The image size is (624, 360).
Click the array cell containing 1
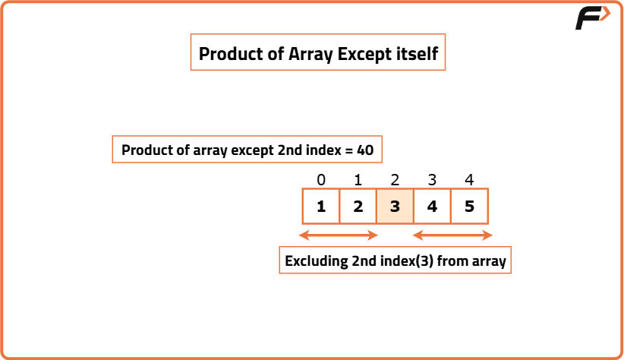[321, 207]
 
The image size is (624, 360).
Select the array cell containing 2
[358, 207]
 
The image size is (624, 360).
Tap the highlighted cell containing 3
[395, 207]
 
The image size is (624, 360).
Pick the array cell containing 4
[432, 207]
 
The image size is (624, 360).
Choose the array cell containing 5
[470, 207]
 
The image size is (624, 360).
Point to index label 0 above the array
[321, 180]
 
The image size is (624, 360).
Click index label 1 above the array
[358, 180]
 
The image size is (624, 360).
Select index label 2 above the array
[395, 180]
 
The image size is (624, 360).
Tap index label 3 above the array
[432, 180]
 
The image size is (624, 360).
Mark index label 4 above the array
[470, 180]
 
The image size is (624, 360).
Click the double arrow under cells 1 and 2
[339, 235]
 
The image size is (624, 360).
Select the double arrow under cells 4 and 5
[453, 235]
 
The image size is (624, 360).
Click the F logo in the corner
[593, 18]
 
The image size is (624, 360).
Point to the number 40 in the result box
[365, 150]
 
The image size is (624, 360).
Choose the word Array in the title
[310, 54]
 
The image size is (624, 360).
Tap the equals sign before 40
[349, 150]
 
